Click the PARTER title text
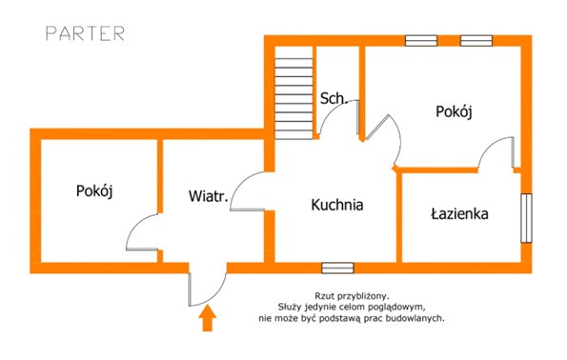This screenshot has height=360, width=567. [x=86, y=33]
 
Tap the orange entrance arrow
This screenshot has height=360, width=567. [x=207, y=318]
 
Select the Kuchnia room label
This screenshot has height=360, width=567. [x=337, y=205]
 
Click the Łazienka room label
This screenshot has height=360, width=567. [x=459, y=213]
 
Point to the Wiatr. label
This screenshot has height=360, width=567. [x=209, y=196]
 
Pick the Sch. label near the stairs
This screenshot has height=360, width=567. [x=334, y=98]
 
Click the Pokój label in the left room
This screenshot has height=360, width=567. [x=94, y=190]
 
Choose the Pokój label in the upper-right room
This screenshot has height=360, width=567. [x=454, y=111]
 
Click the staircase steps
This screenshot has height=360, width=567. [x=294, y=93]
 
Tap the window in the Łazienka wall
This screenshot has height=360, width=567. [x=526, y=218]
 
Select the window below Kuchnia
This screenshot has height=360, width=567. [x=337, y=268]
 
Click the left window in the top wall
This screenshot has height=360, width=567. [x=421, y=41]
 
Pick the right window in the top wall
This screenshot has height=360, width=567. [x=476, y=41]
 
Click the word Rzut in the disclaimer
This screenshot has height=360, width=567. [x=322, y=296]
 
